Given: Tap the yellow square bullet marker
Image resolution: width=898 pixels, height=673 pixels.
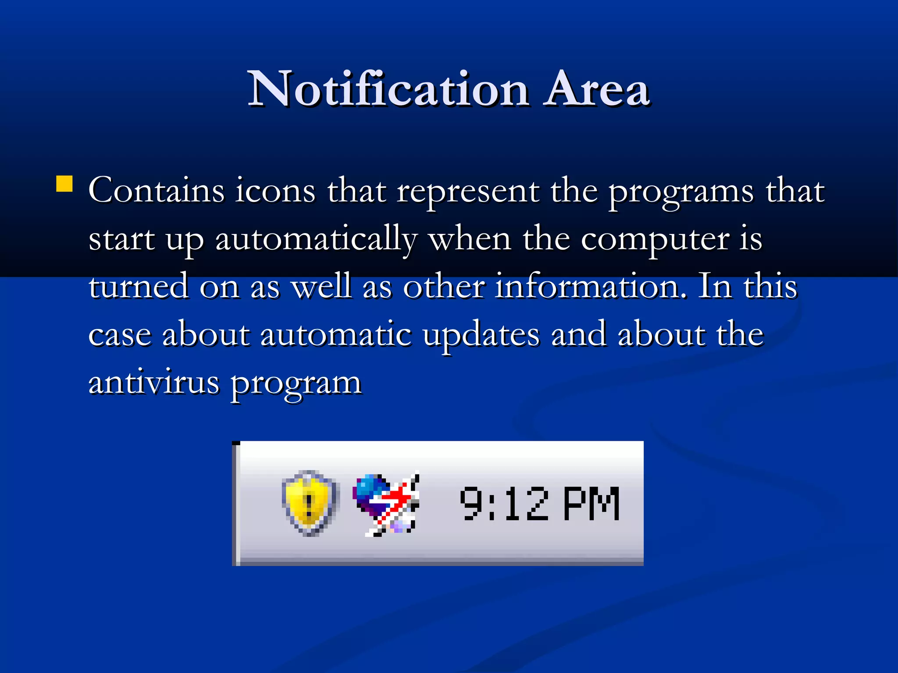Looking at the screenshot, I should pyautogui.click(x=64, y=184).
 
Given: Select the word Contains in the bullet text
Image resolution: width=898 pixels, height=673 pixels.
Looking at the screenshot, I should pyautogui.click(x=157, y=191).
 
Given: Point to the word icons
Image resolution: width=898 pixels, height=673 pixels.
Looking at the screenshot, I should pyautogui.click(x=275, y=191).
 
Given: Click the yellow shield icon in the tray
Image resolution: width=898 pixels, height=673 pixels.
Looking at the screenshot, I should pyautogui.click(x=310, y=503).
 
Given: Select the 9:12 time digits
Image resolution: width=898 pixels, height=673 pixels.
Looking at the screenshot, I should pyautogui.click(x=504, y=504).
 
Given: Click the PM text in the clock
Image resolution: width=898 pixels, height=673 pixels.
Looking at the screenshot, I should pyautogui.click(x=591, y=504).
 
